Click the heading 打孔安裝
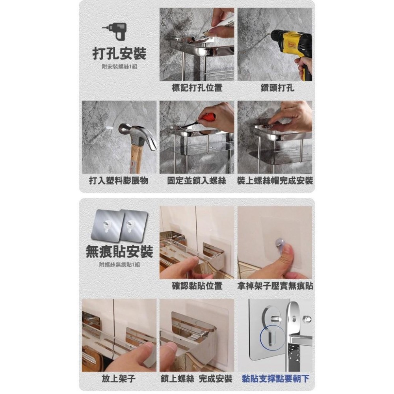click(x=119, y=53)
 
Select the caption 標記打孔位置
click(x=197, y=87)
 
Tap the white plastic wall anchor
click(x=110, y=128)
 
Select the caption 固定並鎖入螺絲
click(x=197, y=181)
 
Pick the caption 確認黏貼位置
click(x=197, y=286)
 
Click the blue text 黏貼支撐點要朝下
click(x=275, y=379)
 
